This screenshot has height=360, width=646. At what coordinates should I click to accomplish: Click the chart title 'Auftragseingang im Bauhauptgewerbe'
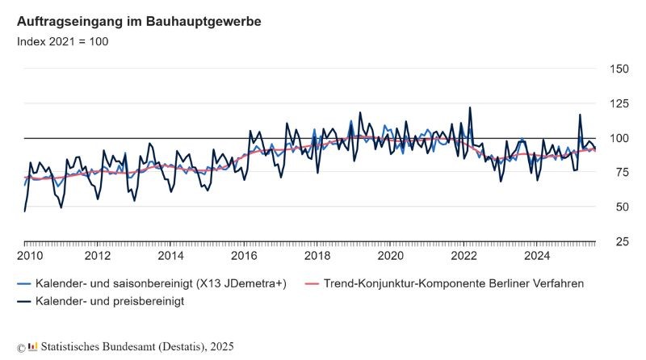[x=138, y=21]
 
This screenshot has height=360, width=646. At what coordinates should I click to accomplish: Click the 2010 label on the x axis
[x=30, y=257]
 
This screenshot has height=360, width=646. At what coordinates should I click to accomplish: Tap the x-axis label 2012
[x=98, y=257]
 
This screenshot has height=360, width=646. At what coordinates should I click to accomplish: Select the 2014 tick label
[x=171, y=257]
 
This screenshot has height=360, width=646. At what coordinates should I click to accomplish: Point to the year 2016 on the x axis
[x=244, y=257]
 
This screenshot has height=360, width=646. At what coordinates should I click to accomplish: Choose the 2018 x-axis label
[x=317, y=257]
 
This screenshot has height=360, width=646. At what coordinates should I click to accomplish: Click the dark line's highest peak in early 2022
[x=469, y=107]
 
